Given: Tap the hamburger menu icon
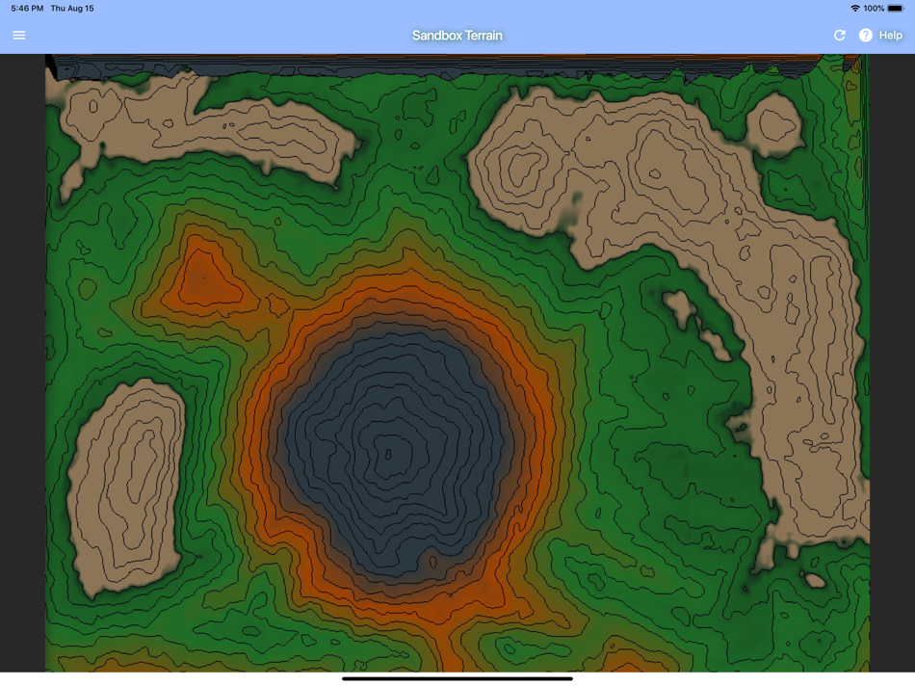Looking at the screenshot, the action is [19, 36].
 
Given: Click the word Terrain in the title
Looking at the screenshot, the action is [484, 36].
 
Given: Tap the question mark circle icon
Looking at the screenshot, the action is [866, 36].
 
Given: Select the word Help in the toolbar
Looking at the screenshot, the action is [891, 36].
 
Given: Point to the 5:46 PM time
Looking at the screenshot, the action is [27, 9].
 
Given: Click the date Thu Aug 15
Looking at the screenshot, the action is [72, 9].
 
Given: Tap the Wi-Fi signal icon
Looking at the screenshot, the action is [854, 9].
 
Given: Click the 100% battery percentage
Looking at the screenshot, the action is [874, 9].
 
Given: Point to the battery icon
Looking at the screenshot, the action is [896, 9].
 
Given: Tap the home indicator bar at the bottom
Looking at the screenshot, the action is [457, 678].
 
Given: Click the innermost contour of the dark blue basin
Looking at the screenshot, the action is [389, 453].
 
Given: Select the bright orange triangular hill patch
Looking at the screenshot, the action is [202, 279].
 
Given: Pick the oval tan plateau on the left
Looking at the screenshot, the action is [125, 482].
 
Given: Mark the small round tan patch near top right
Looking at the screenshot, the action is [774, 125].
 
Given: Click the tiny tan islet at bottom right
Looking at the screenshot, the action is [814, 580].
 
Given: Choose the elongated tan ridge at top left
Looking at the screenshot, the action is [193, 125].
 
